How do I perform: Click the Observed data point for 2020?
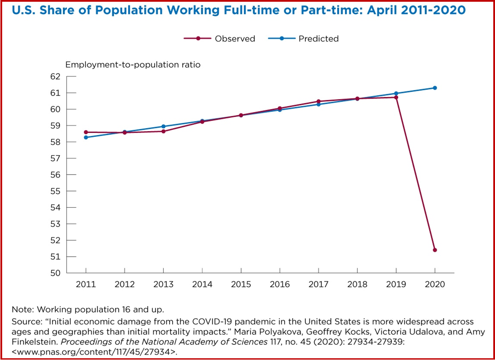pyautogui.click(x=435, y=250)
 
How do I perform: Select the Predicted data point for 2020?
pyautogui.click(x=435, y=88)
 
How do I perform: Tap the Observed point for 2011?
pyautogui.click(x=86, y=132)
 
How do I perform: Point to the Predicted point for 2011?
pyautogui.click(x=86, y=137)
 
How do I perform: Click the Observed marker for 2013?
pyautogui.click(x=164, y=131)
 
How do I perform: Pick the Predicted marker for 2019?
pyautogui.click(x=396, y=93)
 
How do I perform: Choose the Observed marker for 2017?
pyautogui.click(x=318, y=101)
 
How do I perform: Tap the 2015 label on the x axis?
pyautogui.click(x=241, y=284)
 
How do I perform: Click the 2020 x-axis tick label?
pyautogui.click(x=435, y=284)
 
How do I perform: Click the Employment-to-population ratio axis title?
pyautogui.click(x=133, y=65)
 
